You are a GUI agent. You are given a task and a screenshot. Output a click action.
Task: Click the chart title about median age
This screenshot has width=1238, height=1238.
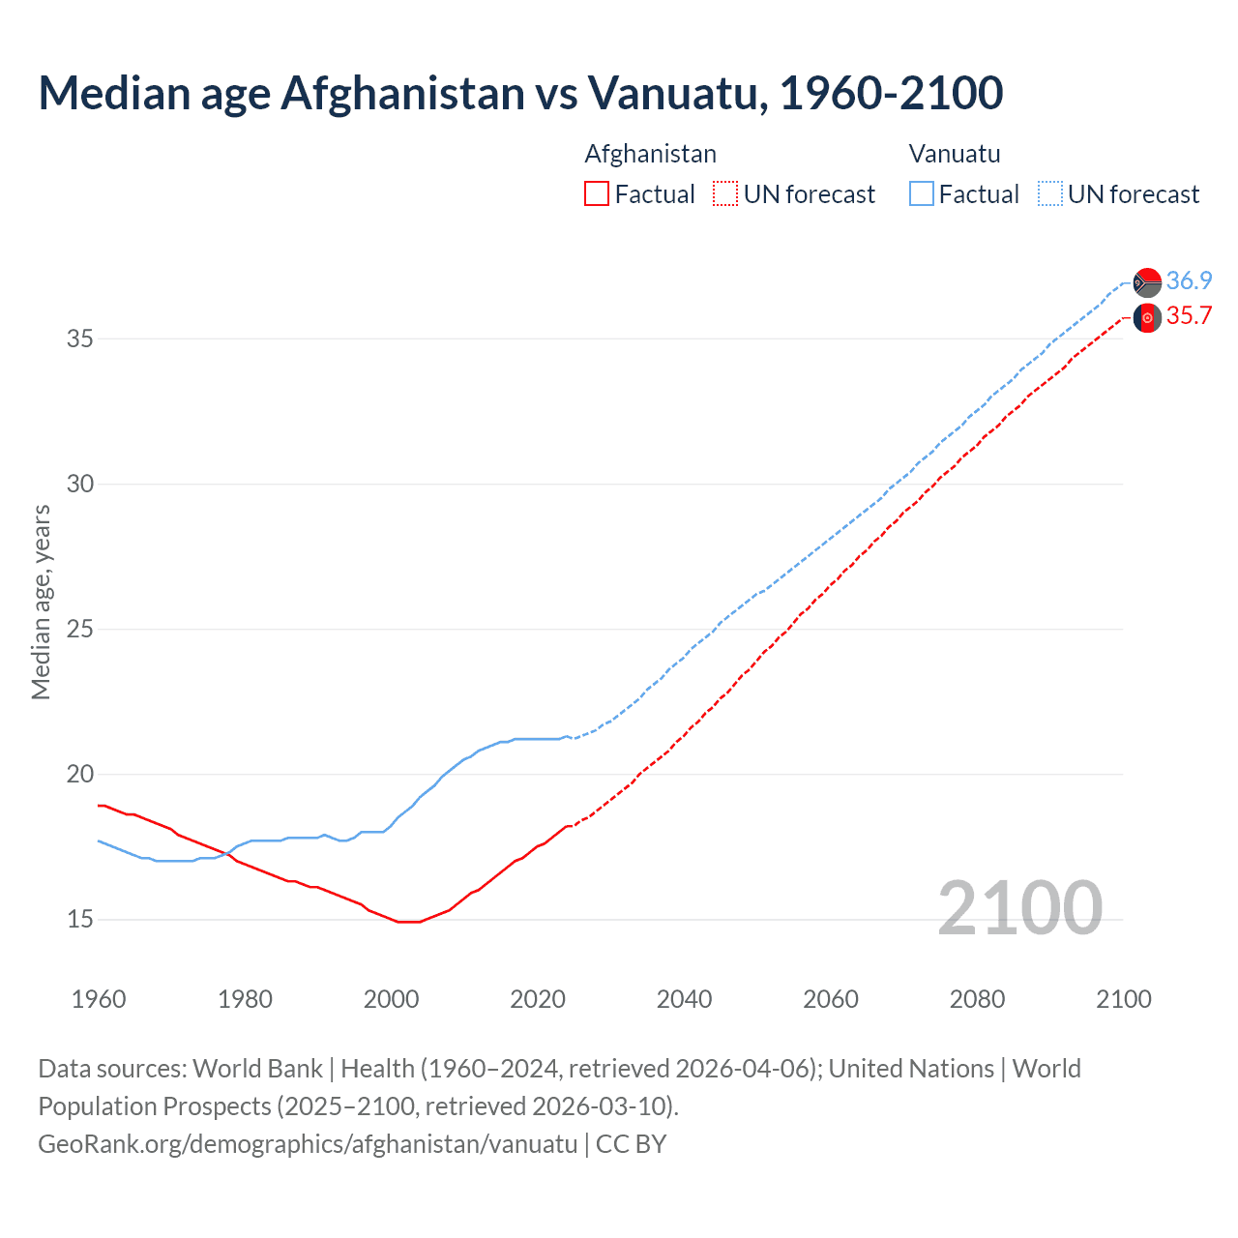click(x=520, y=94)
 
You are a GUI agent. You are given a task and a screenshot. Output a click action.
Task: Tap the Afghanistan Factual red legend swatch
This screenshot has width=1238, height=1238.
click(x=597, y=194)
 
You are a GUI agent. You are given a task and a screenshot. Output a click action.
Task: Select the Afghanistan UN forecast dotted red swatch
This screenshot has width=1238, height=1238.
click(x=725, y=194)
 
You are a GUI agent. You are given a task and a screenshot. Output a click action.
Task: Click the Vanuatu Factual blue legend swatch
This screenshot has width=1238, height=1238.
click(x=922, y=194)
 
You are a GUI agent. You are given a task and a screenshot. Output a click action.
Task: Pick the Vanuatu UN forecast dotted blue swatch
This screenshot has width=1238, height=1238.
click(x=1050, y=194)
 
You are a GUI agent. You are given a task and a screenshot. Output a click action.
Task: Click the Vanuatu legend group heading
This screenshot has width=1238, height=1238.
click(x=955, y=154)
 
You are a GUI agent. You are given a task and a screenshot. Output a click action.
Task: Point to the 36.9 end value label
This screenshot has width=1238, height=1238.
click(x=1189, y=280)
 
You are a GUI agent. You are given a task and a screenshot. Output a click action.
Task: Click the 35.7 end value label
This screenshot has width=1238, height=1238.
click(x=1189, y=316)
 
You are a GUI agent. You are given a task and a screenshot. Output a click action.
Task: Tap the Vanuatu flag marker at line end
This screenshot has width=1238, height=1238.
click(x=1147, y=282)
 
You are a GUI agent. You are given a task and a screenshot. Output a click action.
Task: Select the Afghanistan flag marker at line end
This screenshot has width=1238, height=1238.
click(x=1147, y=317)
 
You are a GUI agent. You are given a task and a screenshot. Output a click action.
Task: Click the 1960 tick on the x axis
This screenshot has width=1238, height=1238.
click(x=99, y=999)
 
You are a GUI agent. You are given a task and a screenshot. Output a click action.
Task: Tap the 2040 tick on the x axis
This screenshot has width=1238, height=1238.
click(x=684, y=999)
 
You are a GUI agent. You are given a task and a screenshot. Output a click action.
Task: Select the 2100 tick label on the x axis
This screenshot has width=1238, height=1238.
click(x=1123, y=999)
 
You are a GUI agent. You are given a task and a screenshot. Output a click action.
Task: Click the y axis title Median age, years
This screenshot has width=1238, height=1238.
click(x=41, y=602)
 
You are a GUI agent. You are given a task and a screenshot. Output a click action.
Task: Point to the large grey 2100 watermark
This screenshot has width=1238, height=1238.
click(x=1019, y=907)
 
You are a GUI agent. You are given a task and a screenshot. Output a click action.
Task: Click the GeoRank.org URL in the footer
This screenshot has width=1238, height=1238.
click(x=308, y=1144)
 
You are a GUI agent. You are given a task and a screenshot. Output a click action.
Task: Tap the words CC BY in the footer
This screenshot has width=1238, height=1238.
click(x=631, y=1144)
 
